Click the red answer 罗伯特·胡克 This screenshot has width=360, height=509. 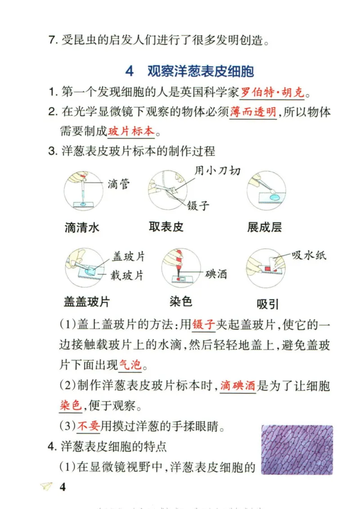[x=272, y=93]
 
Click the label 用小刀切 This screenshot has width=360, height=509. [x=217, y=170]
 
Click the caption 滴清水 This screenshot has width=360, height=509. [x=82, y=228]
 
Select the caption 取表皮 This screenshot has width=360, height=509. [x=166, y=227]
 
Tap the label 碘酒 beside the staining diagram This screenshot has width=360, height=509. [x=216, y=274]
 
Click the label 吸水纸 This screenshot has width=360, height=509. [x=309, y=255]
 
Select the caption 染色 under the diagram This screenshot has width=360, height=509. [x=181, y=301]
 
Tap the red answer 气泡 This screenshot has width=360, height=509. [x=130, y=365]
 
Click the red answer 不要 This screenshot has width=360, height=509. [x=88, y=425]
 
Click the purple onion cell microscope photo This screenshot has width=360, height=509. [x=297, y=450]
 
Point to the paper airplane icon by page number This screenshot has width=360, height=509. [x=46, y=487]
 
